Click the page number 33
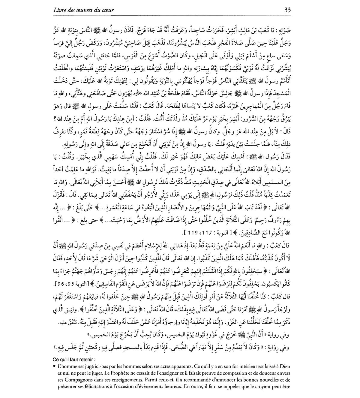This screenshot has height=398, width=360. [287, 10]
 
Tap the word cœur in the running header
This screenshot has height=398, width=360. [107, 10]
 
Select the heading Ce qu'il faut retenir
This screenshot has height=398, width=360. [73, 359]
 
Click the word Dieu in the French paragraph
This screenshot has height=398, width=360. [285, 366]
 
